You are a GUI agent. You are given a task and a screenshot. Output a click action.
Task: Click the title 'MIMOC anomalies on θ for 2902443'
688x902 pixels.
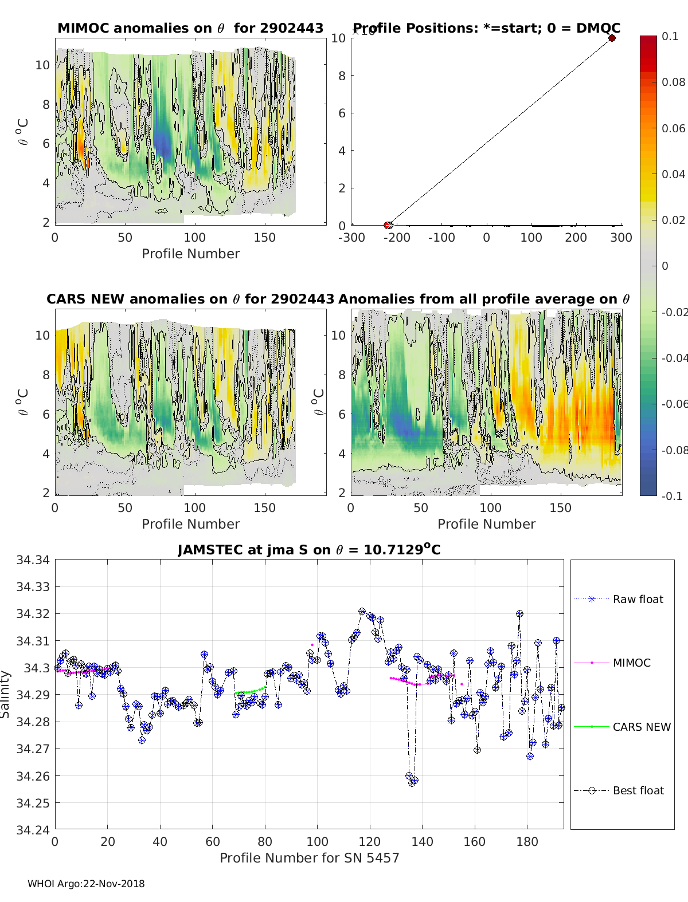point(190,28)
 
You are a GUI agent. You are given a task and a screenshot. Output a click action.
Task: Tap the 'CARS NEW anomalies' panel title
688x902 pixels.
point(190,299)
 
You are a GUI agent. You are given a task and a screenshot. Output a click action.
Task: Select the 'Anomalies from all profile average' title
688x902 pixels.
point(484,299)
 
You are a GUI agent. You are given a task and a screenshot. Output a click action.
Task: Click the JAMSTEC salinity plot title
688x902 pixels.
point(309,550)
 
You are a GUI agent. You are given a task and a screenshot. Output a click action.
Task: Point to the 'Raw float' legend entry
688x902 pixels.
point(638,599)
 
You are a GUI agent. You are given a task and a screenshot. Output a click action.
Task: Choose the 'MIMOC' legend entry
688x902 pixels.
point(631,663)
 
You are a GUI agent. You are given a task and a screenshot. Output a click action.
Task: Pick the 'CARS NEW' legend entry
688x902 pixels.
point(641,727)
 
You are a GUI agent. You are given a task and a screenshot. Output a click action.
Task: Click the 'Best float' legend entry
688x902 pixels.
point(638,790)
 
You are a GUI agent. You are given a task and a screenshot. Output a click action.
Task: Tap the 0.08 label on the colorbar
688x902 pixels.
point(673,82)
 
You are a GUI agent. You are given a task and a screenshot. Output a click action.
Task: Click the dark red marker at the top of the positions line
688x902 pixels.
point(612,38)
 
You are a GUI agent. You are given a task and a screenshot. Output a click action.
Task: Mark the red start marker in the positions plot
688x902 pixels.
point(388,225)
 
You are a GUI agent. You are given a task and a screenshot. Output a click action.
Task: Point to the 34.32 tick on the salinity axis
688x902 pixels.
point(33,613)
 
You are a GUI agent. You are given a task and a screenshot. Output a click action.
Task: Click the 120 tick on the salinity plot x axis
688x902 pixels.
point(370,841)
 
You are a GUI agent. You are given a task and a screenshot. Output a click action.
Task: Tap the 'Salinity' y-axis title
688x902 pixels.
point(6,694)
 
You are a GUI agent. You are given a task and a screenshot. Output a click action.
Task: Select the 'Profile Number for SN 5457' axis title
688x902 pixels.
point(309,857)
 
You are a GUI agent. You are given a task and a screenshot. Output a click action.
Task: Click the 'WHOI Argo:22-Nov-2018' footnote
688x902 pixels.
point(86,884)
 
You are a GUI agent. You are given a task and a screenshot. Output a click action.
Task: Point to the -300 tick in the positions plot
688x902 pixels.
point(351,237)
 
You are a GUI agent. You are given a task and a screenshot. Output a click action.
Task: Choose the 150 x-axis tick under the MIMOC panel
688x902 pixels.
point(264,237)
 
